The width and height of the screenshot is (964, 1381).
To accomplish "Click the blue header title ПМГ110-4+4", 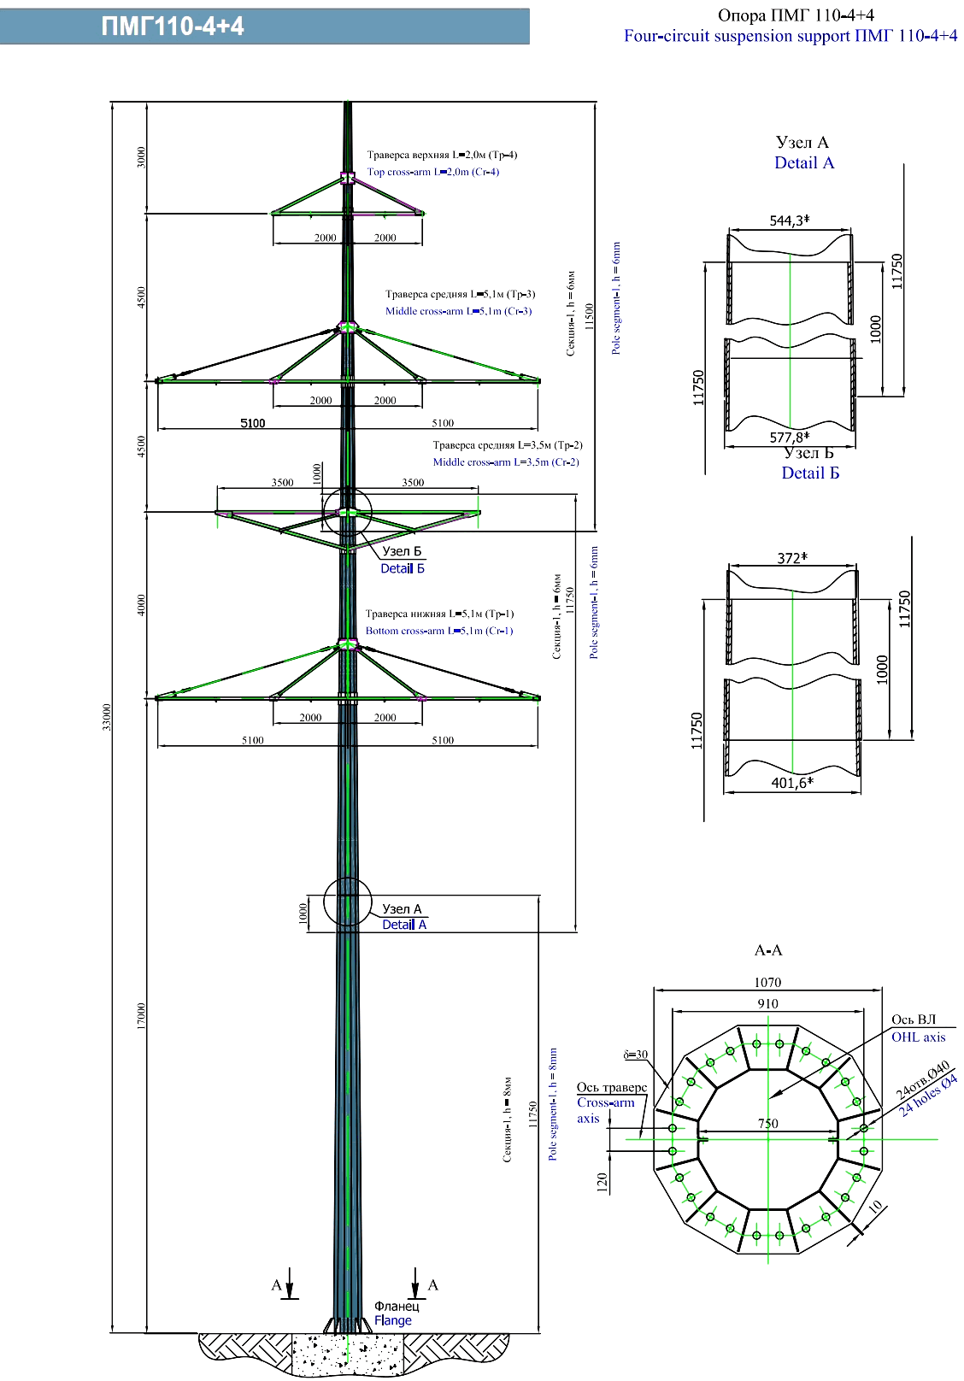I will coord(173,26).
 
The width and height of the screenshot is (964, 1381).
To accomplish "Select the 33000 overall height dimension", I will coord(107,718).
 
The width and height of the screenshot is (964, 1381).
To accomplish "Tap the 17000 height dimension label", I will coord(141,1016).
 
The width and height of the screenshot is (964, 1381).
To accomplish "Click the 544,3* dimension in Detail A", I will coord(789,220).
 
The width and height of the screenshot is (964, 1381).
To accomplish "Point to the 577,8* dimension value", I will coord(789,438).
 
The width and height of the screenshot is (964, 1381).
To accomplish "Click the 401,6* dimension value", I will coord(791,782).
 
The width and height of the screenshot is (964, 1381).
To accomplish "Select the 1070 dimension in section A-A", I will coord(767,983).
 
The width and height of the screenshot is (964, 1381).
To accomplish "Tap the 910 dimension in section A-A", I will coord(767,1004).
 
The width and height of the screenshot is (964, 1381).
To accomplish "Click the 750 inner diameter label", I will coord(767,1124).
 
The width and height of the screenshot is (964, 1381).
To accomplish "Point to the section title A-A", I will coord(768,950).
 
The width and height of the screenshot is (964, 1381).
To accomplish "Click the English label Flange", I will coord(392,1320).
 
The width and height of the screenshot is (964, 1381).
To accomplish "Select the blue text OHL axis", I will coord(918,1037).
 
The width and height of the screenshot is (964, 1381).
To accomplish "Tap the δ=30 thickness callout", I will coord(635,1055).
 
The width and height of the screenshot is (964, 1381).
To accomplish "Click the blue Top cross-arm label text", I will coord(432,172).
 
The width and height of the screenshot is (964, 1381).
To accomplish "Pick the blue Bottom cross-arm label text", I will coord(439,631).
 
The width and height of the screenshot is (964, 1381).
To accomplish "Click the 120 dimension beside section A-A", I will coord(602,1183).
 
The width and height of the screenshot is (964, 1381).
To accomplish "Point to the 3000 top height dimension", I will coord(141,157).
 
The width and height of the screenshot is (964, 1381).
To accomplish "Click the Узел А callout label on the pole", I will coord(402,909).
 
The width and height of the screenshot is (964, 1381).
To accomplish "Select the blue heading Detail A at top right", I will coord(803,163).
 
